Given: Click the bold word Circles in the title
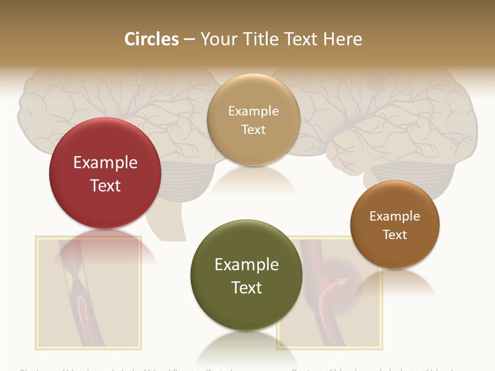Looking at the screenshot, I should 151,39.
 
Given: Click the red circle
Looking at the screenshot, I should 105,173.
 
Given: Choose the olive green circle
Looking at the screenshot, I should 246,275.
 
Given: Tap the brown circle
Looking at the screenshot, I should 395,225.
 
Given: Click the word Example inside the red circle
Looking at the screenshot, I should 105,163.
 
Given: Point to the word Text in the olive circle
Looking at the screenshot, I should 246,288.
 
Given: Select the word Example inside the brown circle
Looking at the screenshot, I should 395,216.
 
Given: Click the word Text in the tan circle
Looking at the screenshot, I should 253,130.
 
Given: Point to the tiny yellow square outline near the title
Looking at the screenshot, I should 137,79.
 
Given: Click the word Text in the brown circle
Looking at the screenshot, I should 395,235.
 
